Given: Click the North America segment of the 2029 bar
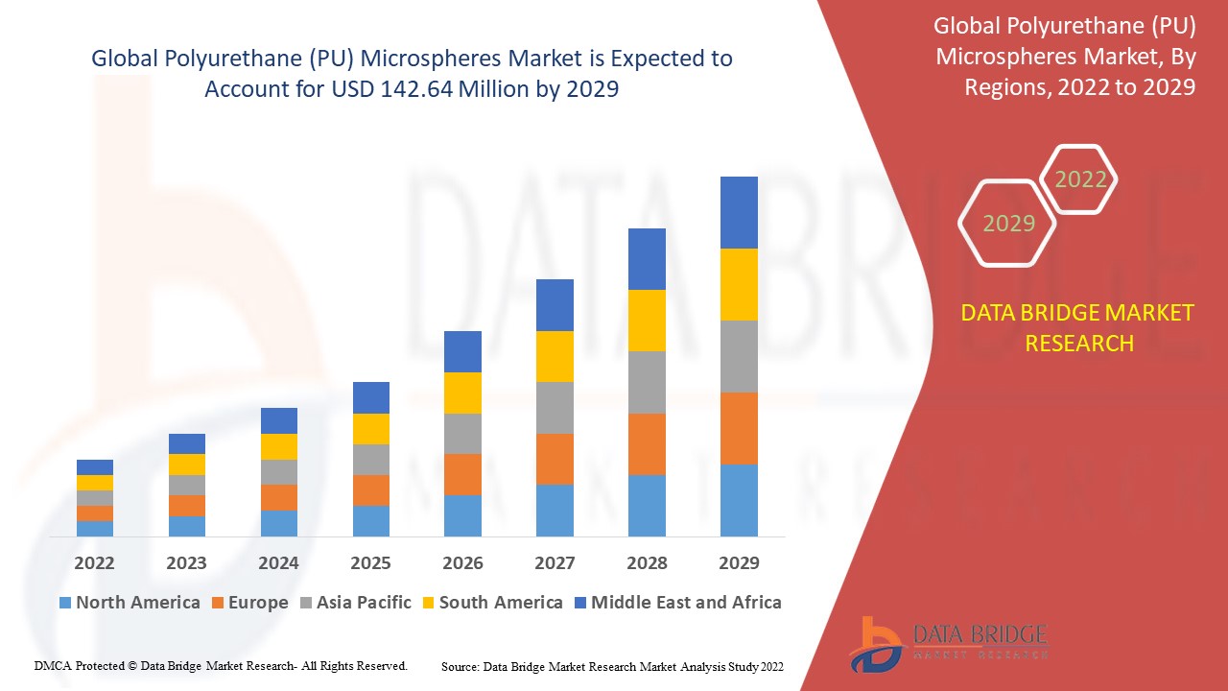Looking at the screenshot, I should pyautogui.click(x=739, y=500).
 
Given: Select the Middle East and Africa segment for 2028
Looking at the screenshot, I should pyautogui.click(x=647, y=259).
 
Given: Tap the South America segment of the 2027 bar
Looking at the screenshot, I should pyautogui.click(x=555, y=356).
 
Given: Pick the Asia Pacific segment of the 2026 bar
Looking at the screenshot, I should pyautogui.click(x=462, y=434).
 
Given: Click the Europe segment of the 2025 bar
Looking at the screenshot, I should pyautogui.click(x=370, y=489).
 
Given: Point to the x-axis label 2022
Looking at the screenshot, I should pyautogui.click(x=94, y=562).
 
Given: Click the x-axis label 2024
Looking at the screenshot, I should pyautogui.click(x=278, y=562).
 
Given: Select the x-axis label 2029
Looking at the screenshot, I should pyautogui.click(x=739, y=562).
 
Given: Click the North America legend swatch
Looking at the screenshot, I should pyautogui.click(x=65, y=603).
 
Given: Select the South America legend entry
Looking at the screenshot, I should pyautogui.click(x=491, y=603).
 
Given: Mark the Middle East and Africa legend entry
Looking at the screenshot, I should pyautogui.click(x=677, y=603).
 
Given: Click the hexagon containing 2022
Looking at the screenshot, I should pyautogui.click(x=1080, y=179).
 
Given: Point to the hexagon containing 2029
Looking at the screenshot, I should pyautogui.click(x=1008, y=224).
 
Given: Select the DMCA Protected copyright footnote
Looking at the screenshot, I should pyautogui.click(x=222, y=665).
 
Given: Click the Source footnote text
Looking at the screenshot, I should pyautogui.click(x=612, y=665).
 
